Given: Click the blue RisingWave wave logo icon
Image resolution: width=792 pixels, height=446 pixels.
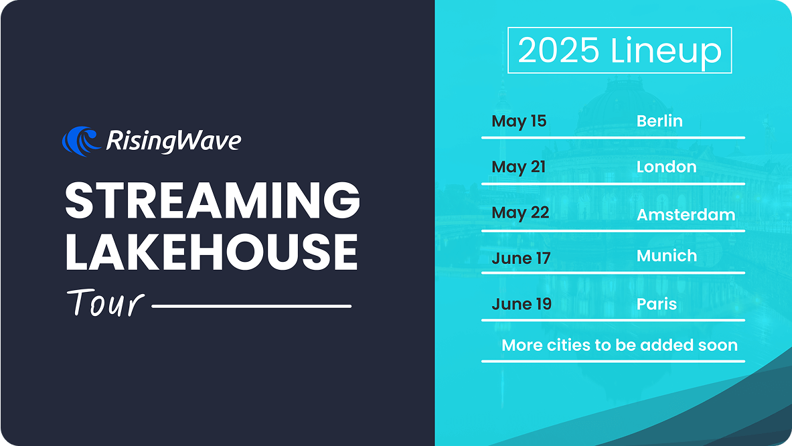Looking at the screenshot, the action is click(x=80, y=141).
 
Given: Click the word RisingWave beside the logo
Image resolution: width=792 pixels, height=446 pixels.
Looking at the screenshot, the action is click(x=173, y=141).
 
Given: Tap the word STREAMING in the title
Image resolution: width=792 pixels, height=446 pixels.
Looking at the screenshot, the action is click(x=213, y=200).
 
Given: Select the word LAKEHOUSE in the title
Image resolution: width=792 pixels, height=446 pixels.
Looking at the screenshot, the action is click(x=211, y=252).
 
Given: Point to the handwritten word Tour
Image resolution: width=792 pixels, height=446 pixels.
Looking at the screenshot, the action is click(x=106, y=303).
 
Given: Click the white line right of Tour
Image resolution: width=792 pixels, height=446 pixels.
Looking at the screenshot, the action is click(x=252, y=306).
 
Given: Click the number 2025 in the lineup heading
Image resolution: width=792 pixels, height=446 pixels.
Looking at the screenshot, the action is click(x=558, y=50).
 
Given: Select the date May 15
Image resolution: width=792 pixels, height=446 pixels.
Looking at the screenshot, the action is click(x=520, y=121).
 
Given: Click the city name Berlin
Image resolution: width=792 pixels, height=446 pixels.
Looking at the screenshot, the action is click(x=659, y=121).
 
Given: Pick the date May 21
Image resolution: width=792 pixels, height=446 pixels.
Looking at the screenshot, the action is click(x=519, y=167).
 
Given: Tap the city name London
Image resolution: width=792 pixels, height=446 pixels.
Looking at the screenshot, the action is click(x=667, y=167).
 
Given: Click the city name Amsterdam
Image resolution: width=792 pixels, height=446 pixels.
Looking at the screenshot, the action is click(x=686, y=215).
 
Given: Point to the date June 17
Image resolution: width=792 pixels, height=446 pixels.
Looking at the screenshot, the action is click(x=522, y=258).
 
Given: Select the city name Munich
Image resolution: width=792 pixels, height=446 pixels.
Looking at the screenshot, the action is click(x=667, y=256).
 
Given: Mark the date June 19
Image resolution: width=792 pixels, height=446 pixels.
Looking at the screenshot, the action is click(x=522, y=303).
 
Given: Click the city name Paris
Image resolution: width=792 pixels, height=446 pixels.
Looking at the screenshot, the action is click(x=657, y=304).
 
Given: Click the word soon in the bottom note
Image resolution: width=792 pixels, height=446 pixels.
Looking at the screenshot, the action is click(x=718, y=346).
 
